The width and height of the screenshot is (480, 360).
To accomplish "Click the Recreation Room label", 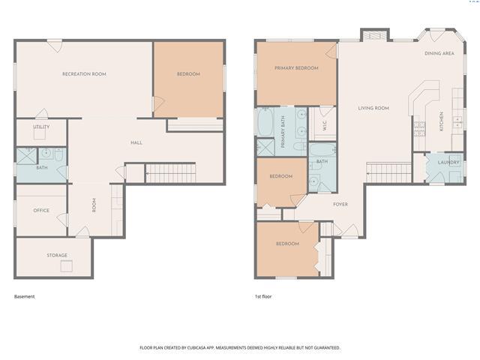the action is (84, 74).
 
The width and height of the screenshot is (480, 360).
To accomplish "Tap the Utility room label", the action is (41, 127).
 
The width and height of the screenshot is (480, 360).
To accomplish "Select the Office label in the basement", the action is (41, 210).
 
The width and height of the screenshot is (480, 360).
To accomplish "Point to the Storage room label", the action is (57, 255).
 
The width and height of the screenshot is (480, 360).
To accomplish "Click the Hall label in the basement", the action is (136, 142).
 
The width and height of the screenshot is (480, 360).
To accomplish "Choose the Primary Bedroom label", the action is (296, 68).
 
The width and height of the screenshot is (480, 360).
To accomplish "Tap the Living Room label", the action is (373, 108).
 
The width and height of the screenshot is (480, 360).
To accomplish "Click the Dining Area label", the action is (439, 53).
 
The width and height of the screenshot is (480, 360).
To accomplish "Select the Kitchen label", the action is (442, 121).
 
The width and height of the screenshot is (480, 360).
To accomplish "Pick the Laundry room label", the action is (448, 162).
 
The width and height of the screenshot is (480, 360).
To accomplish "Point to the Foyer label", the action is (340, 204).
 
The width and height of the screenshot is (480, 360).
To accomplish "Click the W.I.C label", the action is (325, 125).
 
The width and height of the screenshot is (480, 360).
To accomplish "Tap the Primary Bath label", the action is (283, 132).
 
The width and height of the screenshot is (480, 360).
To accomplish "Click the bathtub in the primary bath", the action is (265, 122).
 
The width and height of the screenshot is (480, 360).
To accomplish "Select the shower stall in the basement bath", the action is (26, 156).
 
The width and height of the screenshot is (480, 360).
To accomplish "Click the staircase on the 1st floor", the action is (388, 173).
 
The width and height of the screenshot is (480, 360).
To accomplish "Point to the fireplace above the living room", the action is (375, 36).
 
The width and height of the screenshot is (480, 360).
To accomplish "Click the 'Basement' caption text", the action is (25, 296).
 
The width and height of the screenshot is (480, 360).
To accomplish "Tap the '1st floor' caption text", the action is (263, 296).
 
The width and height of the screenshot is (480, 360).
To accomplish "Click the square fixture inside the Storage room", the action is (67, 266).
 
